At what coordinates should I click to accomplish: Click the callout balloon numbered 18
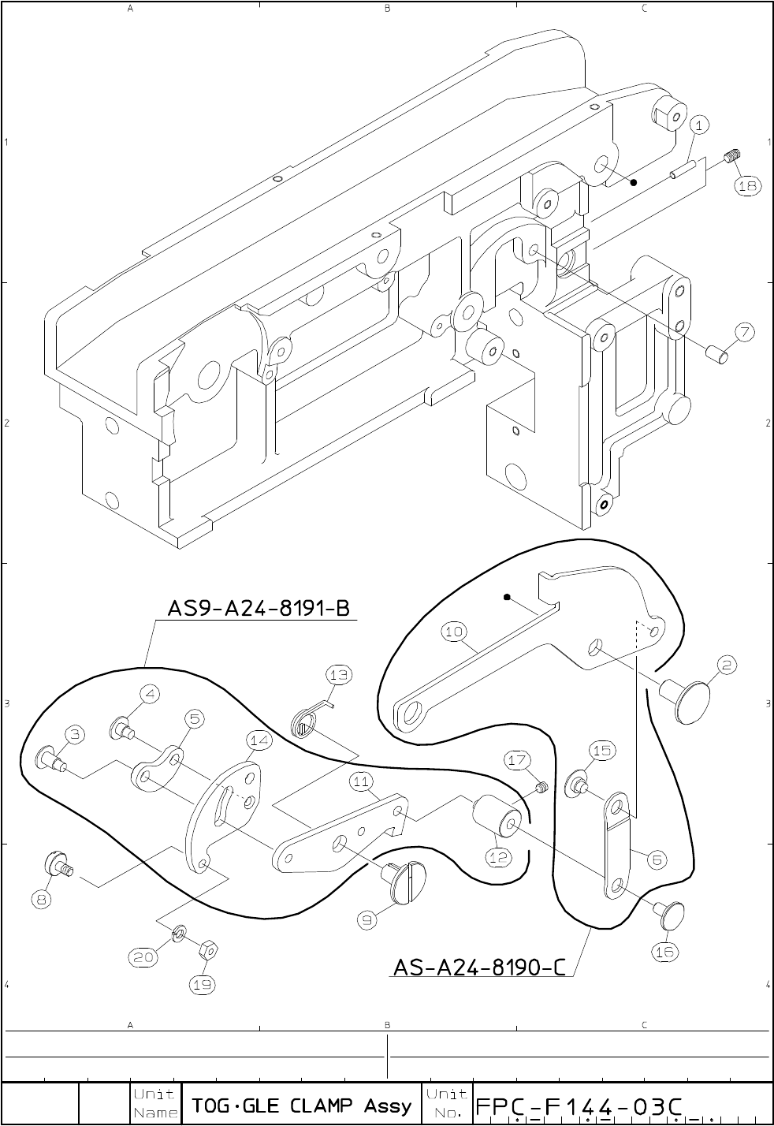click(x=747, y=185)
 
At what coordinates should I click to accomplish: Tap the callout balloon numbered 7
click(x=746, y=333)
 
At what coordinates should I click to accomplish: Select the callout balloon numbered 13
click(x=339, y=675)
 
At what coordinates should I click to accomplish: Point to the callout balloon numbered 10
click(x=455, y=632)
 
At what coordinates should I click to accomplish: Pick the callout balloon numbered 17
click(x=517, y=760)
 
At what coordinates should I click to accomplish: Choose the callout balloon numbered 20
click(x=142, y=957)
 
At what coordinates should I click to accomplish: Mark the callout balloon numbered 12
click(x=499, y=858)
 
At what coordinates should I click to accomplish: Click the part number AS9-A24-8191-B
click(x=259, y=609)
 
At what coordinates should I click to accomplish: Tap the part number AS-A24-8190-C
click(x=479, y=966)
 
